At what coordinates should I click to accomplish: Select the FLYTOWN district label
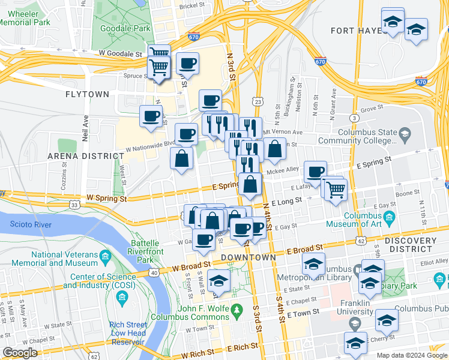pyautogui.click(x=87, y=94)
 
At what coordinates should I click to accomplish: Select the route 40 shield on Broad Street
pyautogui.click(x=154, y=274)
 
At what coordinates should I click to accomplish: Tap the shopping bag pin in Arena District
pyautogui.click(x=181, y=158)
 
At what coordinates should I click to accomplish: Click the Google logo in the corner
pyautogui.click(x=20, y=353)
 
